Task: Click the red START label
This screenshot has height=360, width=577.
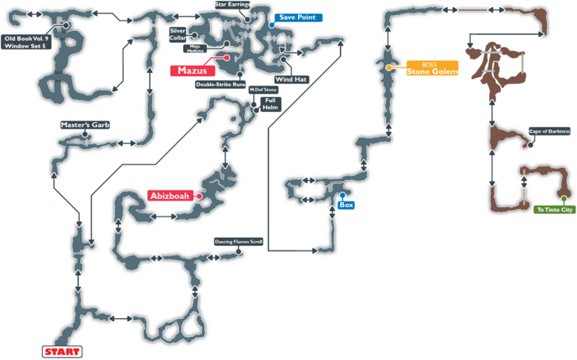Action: click(61, 350)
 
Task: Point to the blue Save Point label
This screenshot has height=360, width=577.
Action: click(296, 17)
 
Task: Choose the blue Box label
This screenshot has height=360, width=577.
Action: click(346, 205)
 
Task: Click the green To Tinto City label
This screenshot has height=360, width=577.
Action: click(554, 209)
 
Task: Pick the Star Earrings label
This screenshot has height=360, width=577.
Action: click(232, 5)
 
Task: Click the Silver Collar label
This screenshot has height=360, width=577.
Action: click(177, 34)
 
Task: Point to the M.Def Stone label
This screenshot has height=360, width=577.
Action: click(262, 90)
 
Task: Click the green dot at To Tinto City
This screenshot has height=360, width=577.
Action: click(564, 198)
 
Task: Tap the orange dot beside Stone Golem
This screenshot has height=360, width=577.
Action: click(388, 68)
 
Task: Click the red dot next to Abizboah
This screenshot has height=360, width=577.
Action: click(201, 195)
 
